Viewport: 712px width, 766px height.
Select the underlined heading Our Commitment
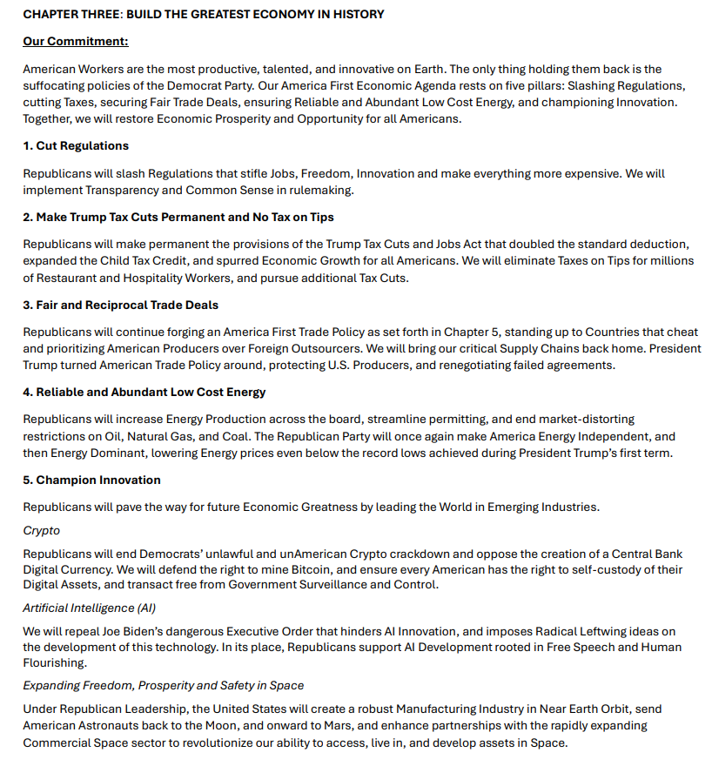point(76,42)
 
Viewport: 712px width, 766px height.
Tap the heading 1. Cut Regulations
point(76,145)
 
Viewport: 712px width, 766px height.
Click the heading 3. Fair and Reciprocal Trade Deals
point(121,306)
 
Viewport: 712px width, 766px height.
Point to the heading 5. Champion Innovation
point(91,480)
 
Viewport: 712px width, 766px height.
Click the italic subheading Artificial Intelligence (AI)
point(90,608)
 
